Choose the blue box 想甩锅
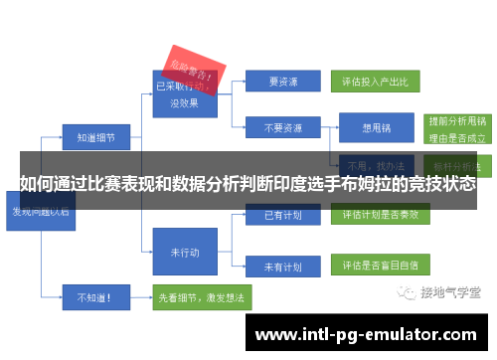point(376,127)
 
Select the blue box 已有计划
point(279,214)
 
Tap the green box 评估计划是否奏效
point(380,214)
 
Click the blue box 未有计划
point(279,267)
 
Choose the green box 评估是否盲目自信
point(380,267)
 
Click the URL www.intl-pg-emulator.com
point(367,335)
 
